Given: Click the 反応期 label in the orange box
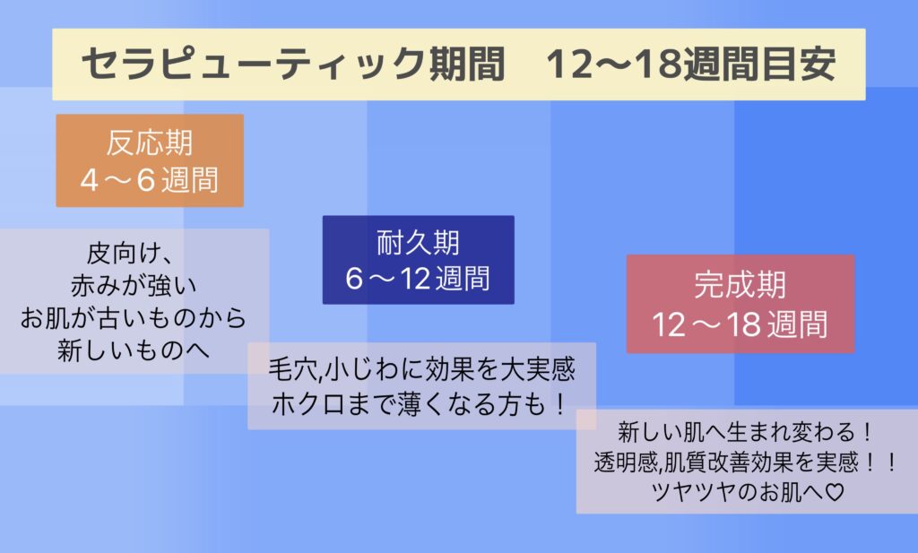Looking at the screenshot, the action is click(150, 143).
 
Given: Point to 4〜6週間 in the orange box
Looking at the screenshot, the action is click(150, 179).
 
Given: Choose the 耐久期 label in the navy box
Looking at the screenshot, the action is click(418, 242).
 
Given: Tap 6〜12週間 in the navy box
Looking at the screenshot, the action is click(418, 278).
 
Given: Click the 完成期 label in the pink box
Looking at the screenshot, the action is click(740, 285).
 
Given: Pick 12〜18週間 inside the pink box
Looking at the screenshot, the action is click(740, 324).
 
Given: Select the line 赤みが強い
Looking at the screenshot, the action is click(134, 286).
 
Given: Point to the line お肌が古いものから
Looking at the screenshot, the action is click(134, 318).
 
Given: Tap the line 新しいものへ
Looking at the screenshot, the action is click(134, 350).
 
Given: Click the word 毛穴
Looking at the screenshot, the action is click(293, 370).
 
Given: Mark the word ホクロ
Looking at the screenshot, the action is click(308, 404).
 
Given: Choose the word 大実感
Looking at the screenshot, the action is click(539, 370).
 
